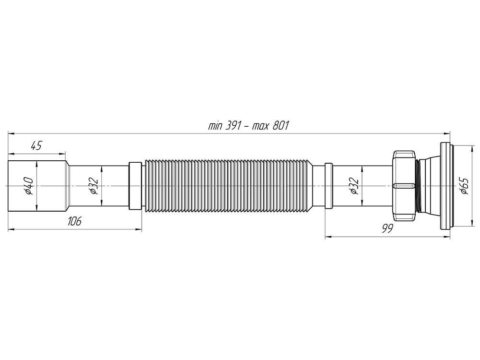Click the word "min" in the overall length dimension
pyautogui.click(x=216, y=126)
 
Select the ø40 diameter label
pyautogui.click(x=28, y=186)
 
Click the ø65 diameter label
pyautogui.click(x=464, y=186)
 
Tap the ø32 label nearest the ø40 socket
pyautogui.click(x=94, y=186)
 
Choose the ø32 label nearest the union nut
pyautogui.click(x=354, y=186)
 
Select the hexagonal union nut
pyautogui.click(x=404, y=186)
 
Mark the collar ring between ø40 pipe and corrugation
pyautogui.click(x=135, y=186)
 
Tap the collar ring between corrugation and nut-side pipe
pyautogui.click(x=328, y=186)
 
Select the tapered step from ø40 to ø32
pyautogui.click(x=68, y=186)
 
